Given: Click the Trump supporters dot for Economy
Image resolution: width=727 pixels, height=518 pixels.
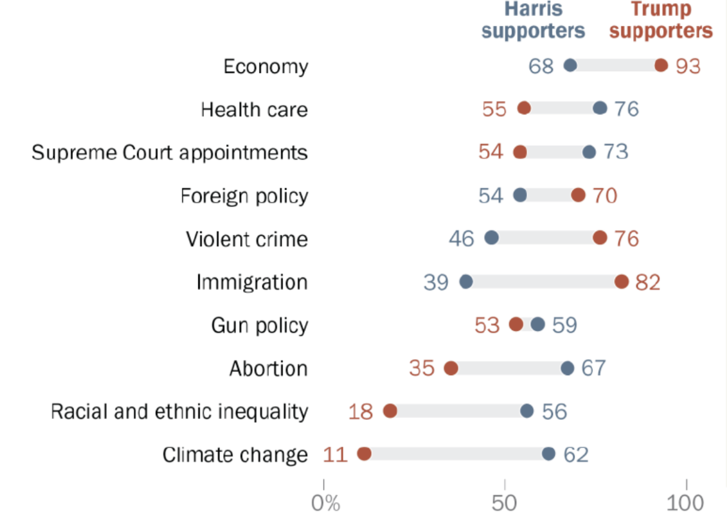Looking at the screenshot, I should (x=661, y=66).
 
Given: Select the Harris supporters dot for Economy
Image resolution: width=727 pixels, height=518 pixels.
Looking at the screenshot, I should (x=570, y=66).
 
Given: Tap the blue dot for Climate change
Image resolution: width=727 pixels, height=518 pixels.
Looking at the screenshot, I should (x=548, y=454).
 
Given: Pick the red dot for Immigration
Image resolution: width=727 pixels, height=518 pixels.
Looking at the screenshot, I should (x=621, y=282).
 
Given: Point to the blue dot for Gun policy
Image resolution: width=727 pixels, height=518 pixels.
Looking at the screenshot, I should (x=538, y=325).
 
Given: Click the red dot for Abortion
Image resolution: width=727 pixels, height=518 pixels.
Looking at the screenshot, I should (x=451, y=368).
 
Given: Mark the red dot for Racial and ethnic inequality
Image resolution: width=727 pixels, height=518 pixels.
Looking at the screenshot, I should (x=389, y=411).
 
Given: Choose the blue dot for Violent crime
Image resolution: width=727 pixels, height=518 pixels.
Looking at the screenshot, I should (x=491, y=238).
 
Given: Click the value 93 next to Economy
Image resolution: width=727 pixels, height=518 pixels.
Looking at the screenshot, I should (x=687, y=66).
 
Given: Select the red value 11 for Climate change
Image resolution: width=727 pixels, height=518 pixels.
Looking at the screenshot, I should (x=335, y=455).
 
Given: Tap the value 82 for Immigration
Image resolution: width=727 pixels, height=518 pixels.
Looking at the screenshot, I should (x=648, y=282).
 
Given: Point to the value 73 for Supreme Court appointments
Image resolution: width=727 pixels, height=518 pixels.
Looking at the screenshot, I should (x=616, y=152).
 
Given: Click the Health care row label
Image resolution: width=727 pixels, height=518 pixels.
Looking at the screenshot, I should (x=254, y=110).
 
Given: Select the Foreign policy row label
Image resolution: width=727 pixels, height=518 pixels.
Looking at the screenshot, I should (x=244, y=196).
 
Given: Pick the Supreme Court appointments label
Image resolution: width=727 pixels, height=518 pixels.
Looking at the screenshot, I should (x=170, y=153).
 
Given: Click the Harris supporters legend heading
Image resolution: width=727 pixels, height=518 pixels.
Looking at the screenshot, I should (x=533, y=21).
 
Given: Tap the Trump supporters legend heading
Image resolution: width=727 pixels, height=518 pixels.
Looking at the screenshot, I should (x=660, y=21).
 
